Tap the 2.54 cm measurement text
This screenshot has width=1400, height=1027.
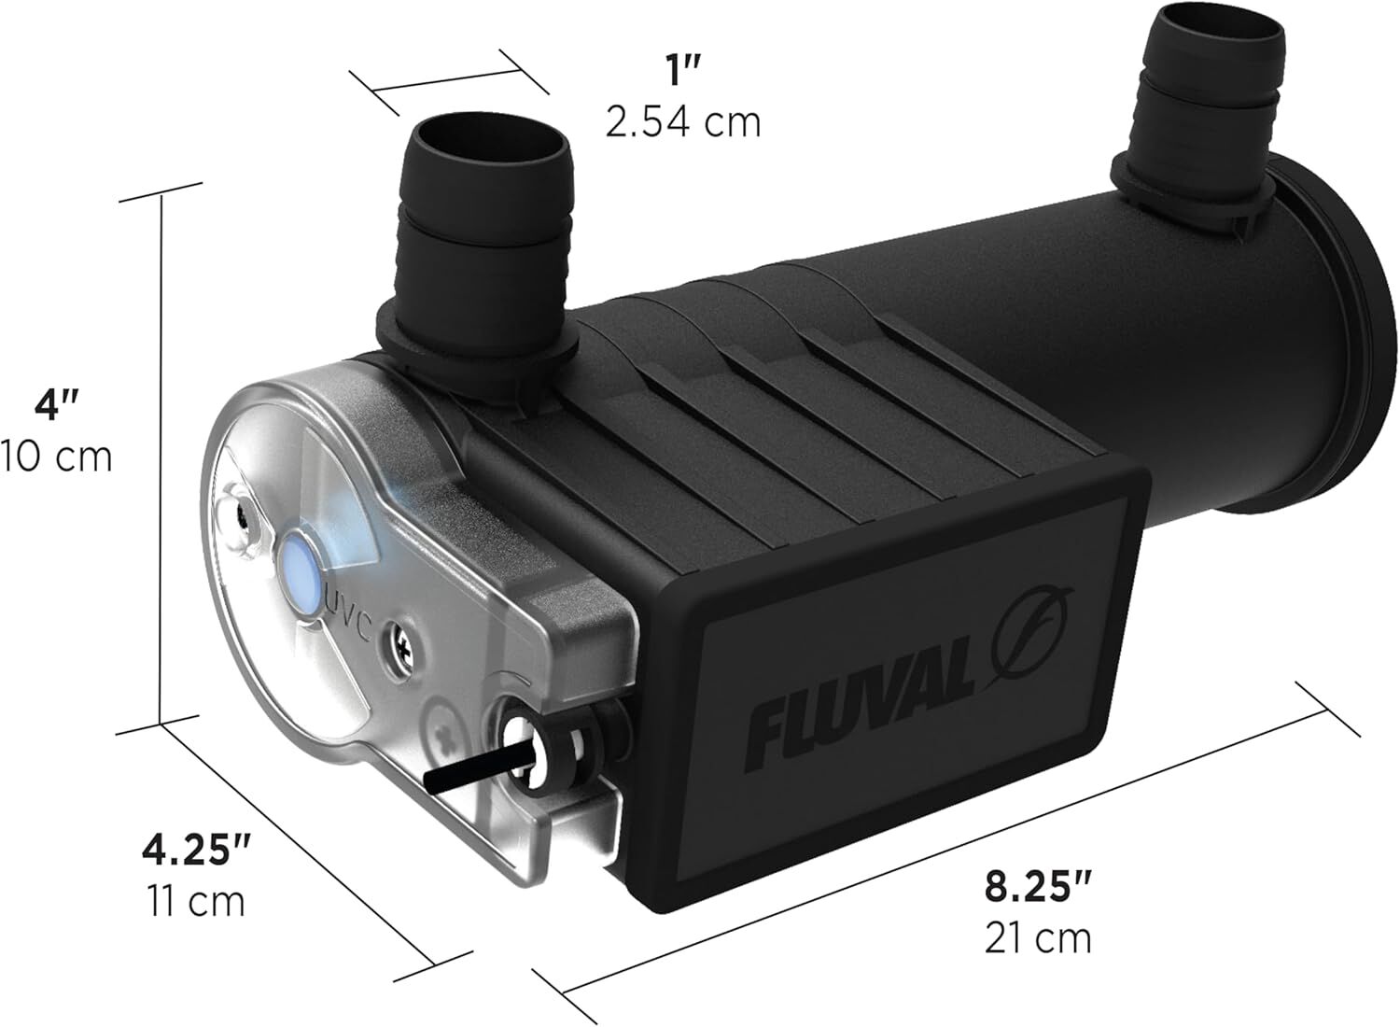682,122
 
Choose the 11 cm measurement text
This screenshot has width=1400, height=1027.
197,901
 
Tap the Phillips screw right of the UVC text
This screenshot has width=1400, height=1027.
403,643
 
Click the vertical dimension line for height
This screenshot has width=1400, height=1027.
163,457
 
